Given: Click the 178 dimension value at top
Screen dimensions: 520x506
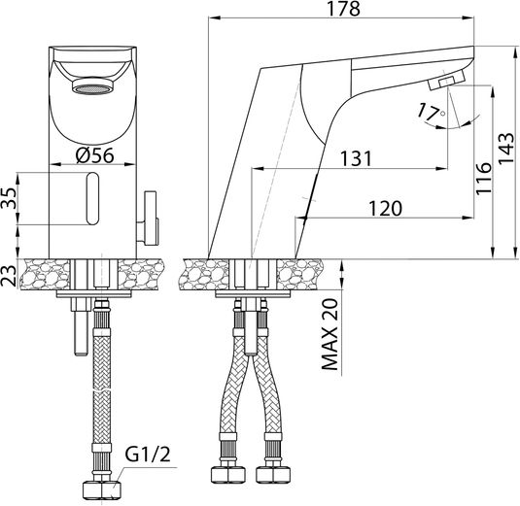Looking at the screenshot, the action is (343, 9).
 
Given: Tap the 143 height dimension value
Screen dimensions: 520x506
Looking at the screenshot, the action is (506, 149).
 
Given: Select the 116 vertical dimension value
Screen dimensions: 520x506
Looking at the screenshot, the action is (483, 179).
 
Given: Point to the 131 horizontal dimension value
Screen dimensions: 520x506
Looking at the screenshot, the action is (357, 158).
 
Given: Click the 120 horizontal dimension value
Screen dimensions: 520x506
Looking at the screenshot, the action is (385, 209).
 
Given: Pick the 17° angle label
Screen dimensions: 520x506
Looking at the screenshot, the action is (431, 112).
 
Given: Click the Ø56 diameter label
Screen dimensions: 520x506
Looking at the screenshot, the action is (94, 155).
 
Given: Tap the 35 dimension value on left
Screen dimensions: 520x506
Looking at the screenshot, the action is (9, 198).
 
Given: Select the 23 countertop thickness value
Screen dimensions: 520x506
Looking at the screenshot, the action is (9, 276).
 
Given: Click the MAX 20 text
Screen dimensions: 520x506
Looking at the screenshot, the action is (329, 334).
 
